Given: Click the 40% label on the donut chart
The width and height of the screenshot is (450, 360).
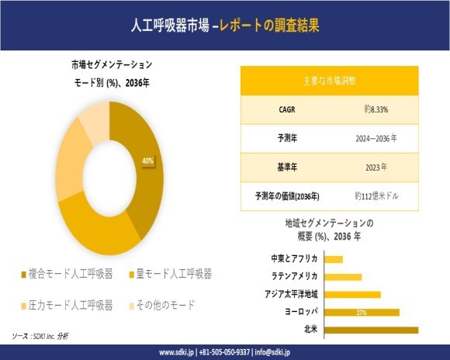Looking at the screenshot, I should [x=147, y=161].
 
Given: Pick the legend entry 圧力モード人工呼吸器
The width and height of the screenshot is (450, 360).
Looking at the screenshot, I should [x=71, y=304].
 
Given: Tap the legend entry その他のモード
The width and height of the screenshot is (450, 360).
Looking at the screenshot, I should [x=165, y=304].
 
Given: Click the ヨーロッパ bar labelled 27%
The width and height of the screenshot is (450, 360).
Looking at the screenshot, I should [x=362, y=312].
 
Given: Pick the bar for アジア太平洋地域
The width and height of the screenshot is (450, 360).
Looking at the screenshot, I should [x=353, y=294].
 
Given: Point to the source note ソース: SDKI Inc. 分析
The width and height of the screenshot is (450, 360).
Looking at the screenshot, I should [x=40, y=336].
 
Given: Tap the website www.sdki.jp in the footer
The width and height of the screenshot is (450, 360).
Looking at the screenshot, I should [x=176, y=352].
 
